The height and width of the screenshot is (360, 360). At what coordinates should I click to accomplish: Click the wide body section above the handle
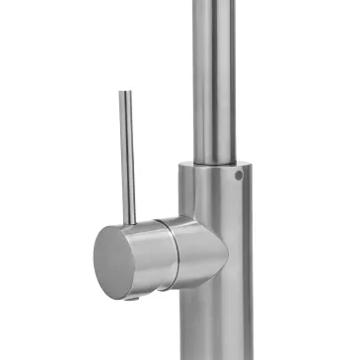click(x=210, y=192)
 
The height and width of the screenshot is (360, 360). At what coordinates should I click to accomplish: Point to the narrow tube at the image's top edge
click(x=214, y=5)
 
